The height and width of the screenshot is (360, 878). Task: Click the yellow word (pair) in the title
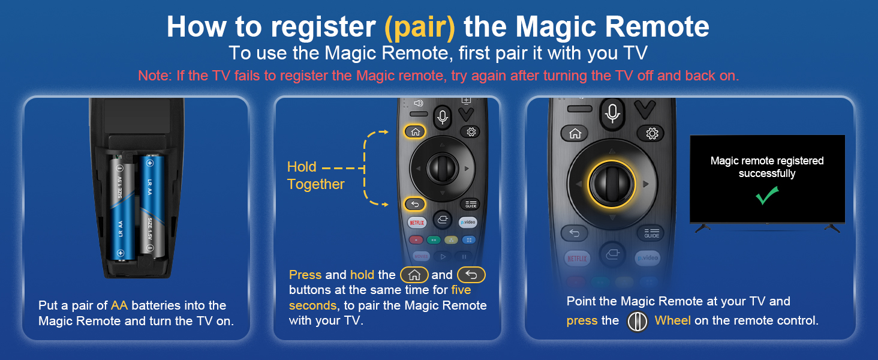click(x=420, y=27)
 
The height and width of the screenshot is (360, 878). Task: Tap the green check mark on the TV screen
click(x=767, y=196)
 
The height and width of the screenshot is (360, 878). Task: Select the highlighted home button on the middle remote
click(x=416, y=132)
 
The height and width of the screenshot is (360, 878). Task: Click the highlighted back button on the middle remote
click(x=415, y=204)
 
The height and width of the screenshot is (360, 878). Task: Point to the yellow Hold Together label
click(x=315, y=176)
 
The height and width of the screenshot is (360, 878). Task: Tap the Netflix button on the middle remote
click(x=417, y=222)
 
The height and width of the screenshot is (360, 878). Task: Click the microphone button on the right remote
click(x=612, y=112)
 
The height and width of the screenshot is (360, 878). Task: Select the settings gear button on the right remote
click(x=652, y=133)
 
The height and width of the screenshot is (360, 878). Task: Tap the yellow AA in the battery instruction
click(x=119, y=305)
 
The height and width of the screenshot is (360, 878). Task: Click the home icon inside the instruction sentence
click(x=414, y=275)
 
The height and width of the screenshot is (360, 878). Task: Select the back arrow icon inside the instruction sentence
click(x=471, y=275)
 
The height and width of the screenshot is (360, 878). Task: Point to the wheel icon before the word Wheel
click(x=637, y=321)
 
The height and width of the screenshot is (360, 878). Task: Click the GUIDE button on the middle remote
click(x=471, y=204)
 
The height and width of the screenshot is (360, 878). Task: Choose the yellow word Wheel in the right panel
click(x=673, y=320)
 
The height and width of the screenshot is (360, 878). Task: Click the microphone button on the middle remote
click(x=443, y=116)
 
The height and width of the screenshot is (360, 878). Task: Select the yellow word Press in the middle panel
click(x=305, y=275)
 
